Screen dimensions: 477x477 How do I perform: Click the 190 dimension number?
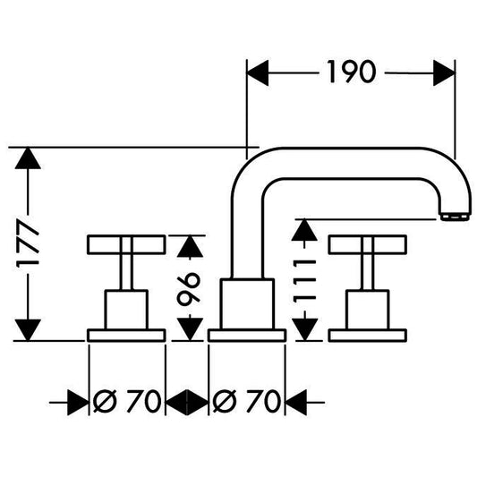(x=352, y=72)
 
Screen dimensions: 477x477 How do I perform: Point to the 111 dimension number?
(x=304, y=281)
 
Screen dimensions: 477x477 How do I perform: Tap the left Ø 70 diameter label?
(x=127, y=401)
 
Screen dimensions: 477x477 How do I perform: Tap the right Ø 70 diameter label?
(x=246, y=401)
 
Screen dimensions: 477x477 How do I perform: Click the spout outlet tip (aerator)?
(x=456, y=217)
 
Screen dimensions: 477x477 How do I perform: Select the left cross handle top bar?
(x=126, y=244)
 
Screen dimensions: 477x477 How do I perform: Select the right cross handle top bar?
(x=368, y=244)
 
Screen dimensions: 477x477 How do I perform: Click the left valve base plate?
(x=126, y=336)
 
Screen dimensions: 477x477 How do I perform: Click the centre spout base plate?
(x=247, y=336)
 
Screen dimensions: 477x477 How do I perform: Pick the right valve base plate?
(x=368, y=336)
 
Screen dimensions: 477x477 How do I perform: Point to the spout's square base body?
(x=247, y=303)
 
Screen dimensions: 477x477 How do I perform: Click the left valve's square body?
(x=126, y=310)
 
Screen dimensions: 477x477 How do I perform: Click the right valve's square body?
(x=368, y=310)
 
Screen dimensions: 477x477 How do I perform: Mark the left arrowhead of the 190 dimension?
(x=258, y=73)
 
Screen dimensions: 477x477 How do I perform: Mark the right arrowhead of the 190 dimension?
(x=444, y=73)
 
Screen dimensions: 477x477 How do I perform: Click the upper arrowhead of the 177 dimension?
(x=28, y=158)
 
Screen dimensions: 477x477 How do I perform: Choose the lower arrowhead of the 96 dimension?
(x=190, y=329)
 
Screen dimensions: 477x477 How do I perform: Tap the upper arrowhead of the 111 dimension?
(x=304, y=230)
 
